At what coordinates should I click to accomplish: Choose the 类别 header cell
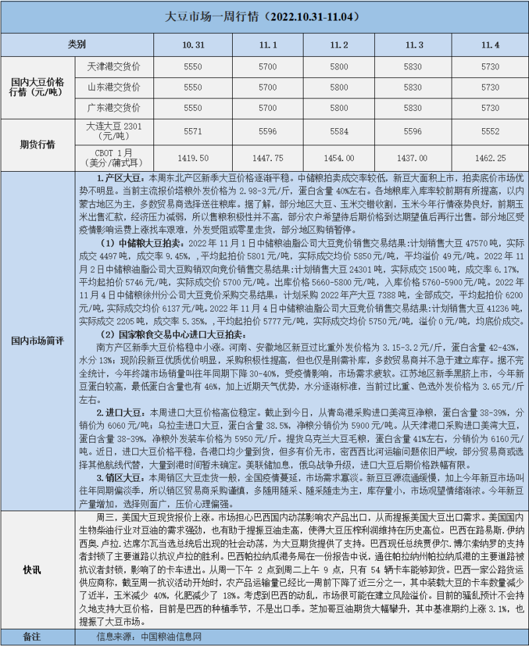[77, 45]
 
